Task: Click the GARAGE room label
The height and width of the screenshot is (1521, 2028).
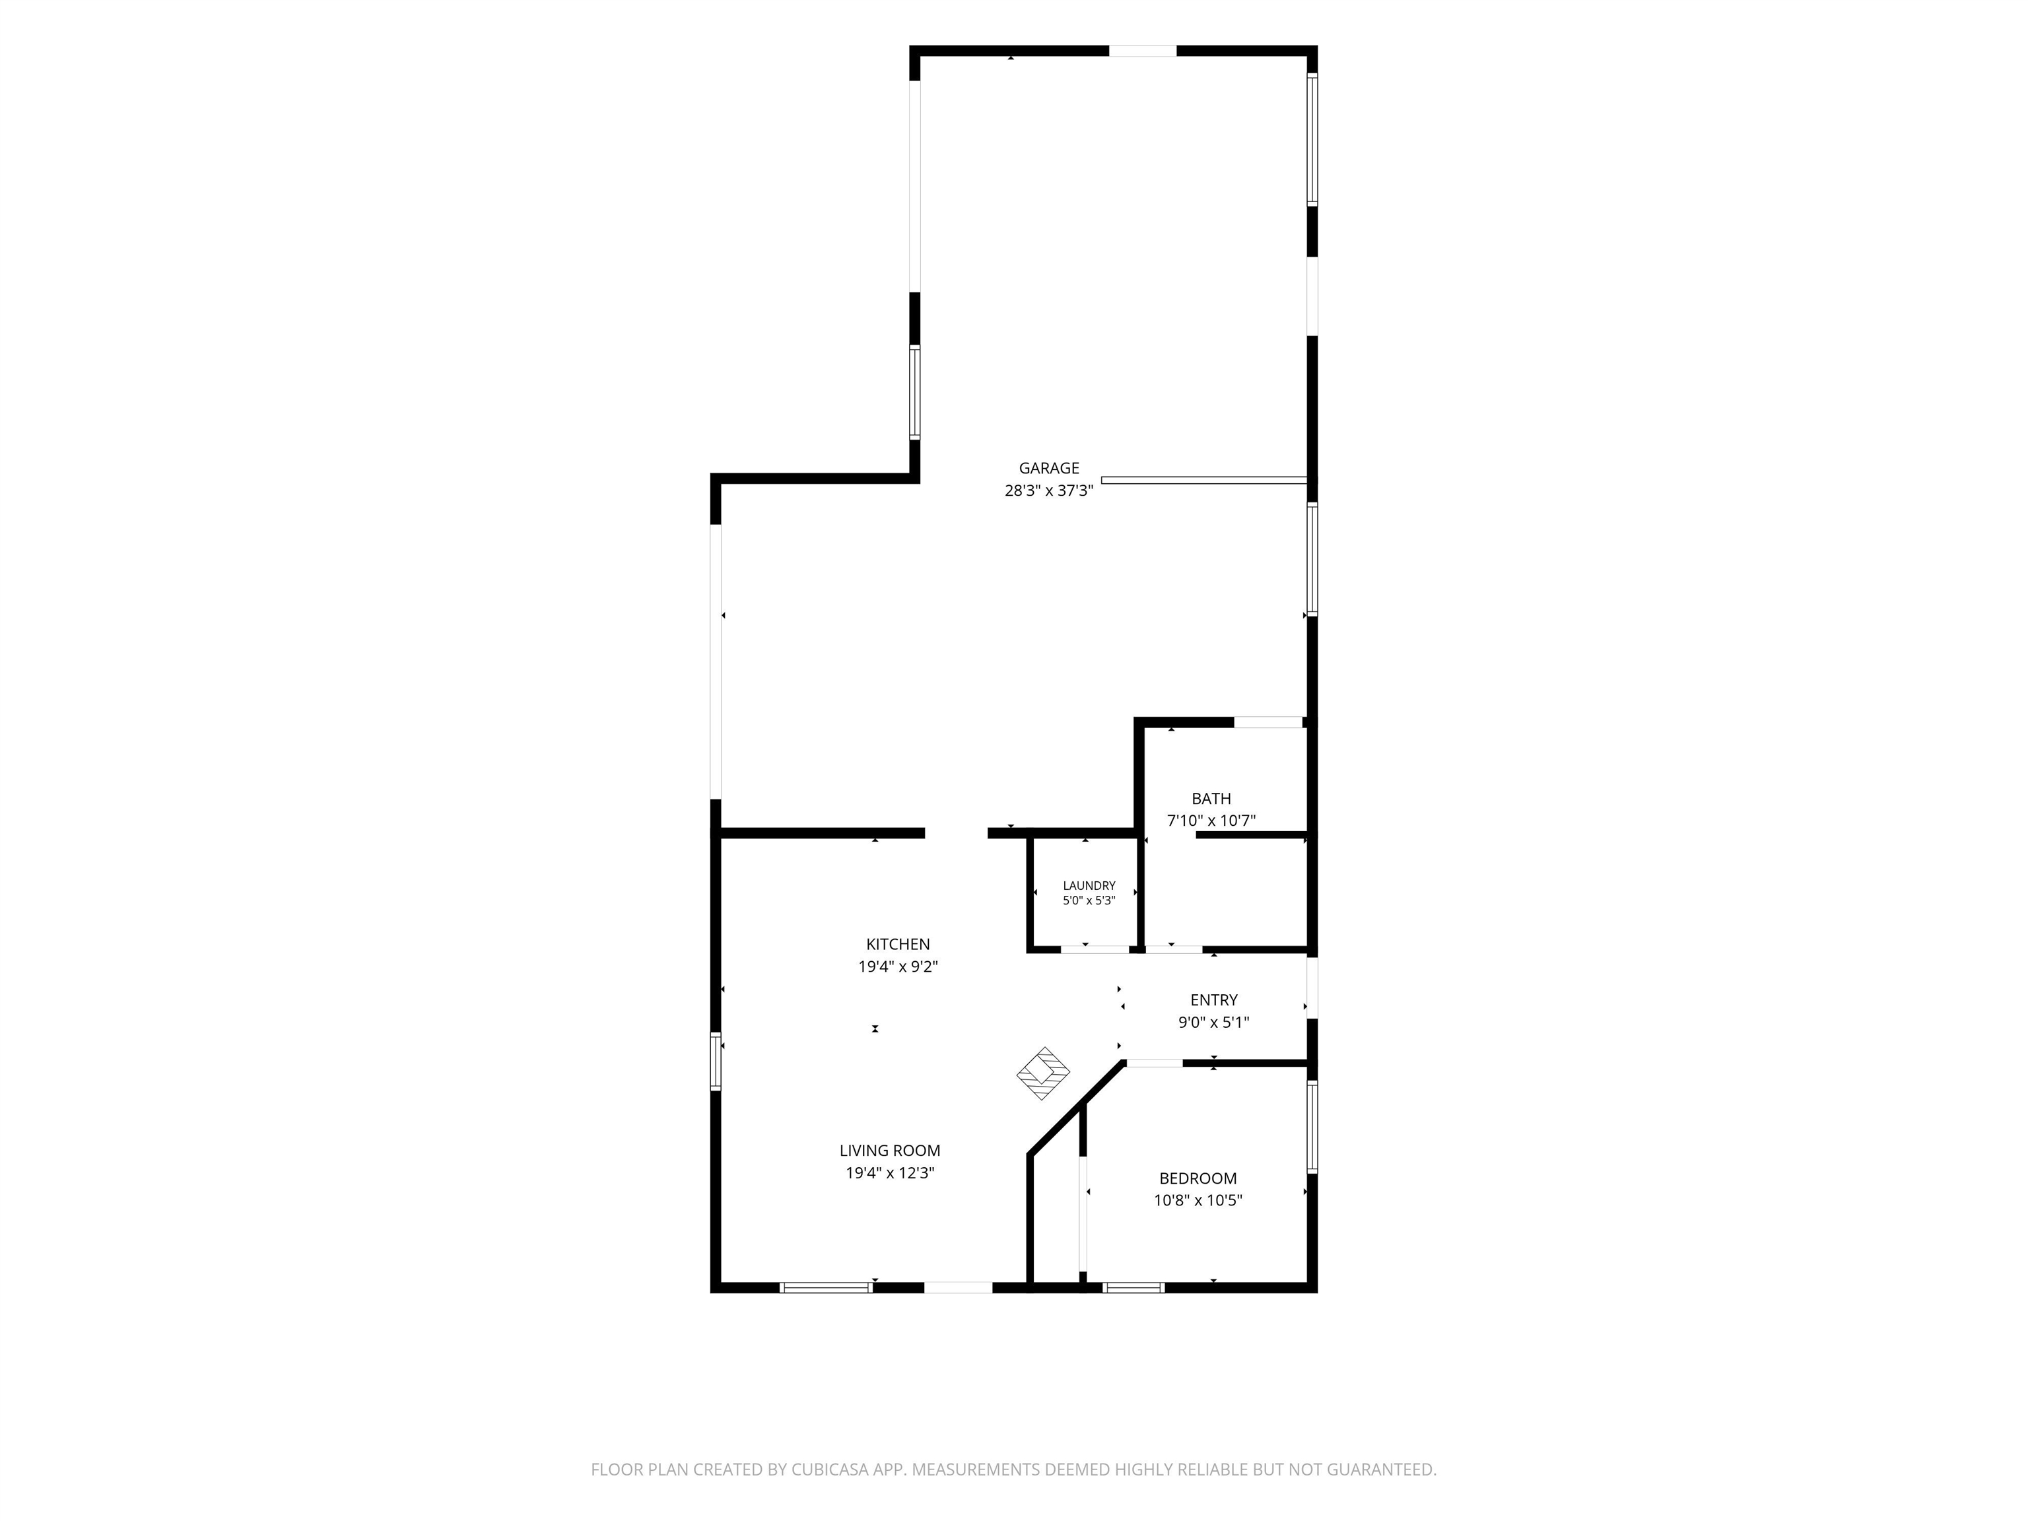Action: point(1049,469)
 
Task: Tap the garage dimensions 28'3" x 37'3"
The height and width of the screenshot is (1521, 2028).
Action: point(1049,490)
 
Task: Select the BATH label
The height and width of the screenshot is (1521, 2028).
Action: point(1211,799)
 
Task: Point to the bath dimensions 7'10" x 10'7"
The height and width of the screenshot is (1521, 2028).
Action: point(1211,821)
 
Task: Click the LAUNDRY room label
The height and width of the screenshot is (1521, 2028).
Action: point(1089,886)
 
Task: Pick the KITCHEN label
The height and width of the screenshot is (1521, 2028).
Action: point(898,944)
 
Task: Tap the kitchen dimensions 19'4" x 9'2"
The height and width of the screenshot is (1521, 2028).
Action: point(898,966)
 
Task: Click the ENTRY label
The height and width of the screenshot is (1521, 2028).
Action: point(1214,1000)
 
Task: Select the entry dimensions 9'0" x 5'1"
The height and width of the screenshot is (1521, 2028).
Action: point(1214,1022)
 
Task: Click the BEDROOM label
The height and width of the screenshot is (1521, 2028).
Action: point(1198,1178)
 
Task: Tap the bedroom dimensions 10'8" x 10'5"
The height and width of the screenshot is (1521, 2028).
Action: point(1198,1200)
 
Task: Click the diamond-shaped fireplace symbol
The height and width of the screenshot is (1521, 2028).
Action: point(1043,1073)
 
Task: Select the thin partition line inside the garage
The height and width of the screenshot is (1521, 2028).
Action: point(1203,479)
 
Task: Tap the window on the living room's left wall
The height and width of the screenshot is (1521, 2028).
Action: point(716,1061)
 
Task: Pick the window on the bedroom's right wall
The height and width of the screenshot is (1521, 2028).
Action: point(1312,1127)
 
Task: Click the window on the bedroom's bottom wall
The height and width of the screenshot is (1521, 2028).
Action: point(1133,1287)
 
